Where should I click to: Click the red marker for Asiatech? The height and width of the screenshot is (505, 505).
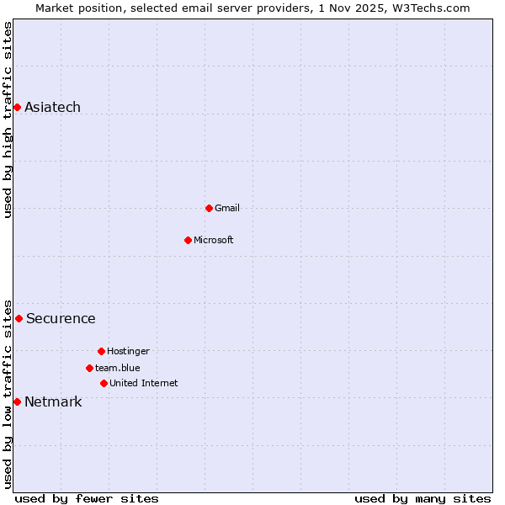[17, 107]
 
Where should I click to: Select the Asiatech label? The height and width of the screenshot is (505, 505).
[52, 107]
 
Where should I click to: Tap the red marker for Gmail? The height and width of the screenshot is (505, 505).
[209, 208]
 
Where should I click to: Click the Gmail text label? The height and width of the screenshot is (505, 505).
[226, 208]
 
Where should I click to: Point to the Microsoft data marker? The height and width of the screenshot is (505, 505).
[188, 240]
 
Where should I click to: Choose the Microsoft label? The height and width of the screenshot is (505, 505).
[213, 240]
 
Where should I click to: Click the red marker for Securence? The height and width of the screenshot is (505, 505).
[19, 318]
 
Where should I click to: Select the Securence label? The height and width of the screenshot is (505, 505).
[61, 318]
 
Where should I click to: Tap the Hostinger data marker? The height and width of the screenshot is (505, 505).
[101, 351]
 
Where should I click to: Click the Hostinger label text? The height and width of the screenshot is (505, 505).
[128, 351]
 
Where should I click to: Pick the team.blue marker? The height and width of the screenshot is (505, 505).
[89, 368]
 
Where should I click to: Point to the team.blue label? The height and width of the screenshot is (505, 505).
[117, 368]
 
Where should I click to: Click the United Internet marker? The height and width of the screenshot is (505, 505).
[104, 383]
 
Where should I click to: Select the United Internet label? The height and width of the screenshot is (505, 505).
[143, 383]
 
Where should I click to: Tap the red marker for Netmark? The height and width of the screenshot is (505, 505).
[17, 401]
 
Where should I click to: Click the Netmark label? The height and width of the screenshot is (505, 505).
[53, 401]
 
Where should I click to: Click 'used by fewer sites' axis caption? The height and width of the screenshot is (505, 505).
[87, 498]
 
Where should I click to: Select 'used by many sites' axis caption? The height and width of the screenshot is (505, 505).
[423, 498]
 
